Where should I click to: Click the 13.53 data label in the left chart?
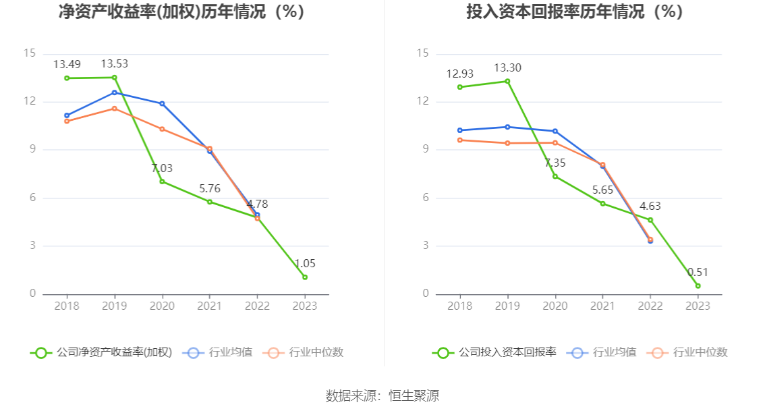(114, 64)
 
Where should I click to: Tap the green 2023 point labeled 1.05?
(305, 277)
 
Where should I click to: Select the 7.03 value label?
(162, 168)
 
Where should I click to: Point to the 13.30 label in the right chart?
(507, 67)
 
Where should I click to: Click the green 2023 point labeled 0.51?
(698, 286)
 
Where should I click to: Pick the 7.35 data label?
(555, 163)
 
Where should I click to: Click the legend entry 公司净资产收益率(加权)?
(101, 352)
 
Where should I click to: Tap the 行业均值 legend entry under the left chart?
(219, 352)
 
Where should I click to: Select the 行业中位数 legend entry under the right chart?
(688, 352)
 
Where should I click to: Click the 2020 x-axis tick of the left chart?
(162, 306)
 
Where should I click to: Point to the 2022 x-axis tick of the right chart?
(650, 306)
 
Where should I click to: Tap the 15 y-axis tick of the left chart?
(29, 53)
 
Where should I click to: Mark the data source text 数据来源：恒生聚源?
(382, 396)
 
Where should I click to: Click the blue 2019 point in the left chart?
(114, 92)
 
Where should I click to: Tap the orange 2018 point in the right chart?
(460, 140)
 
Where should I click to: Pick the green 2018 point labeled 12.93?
(460, 87)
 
